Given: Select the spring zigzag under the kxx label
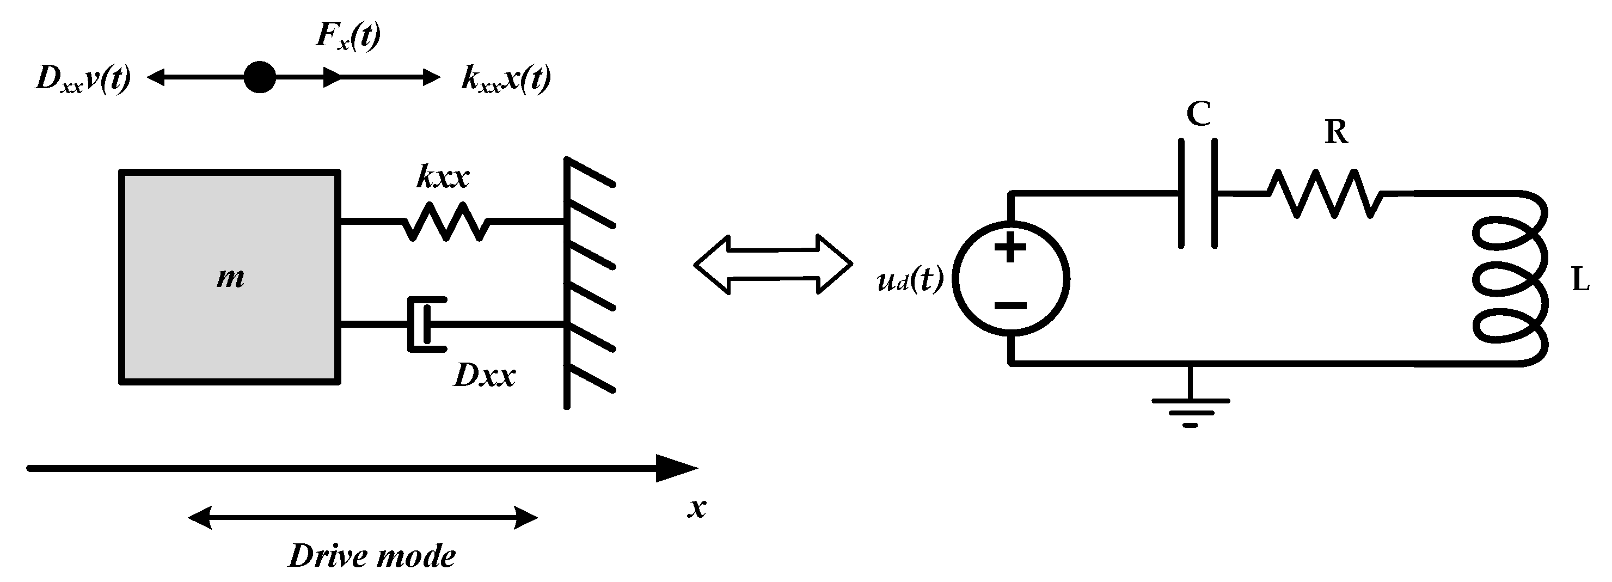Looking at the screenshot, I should pyautogui.click(x=444, y=221).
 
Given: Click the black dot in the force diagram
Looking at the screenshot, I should pyautogui.click(x=259, y=77).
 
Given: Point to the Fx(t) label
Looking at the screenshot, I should pyautogui.click(x=348, y=36).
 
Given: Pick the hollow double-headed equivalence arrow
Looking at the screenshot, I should pyautogui.click(x=773, y=264).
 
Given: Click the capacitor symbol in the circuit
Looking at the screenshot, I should pyautogui.click(x=1198, y=194).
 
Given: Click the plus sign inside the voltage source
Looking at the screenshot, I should pyautogui.click(x=1010, y=247).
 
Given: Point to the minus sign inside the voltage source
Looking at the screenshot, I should pyautogui.click(x=1010, y=305).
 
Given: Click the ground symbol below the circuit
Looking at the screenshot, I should pyautogui.click(x=1190, y=410).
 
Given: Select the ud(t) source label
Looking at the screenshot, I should pyautogui.click(x=910, y=280).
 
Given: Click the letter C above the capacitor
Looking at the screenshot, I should pyautogui.click(x=1198, y=114).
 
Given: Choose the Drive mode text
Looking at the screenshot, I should pyautogui.click(x=372, y=556).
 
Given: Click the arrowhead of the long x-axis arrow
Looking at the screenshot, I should pyautogui.click(x=676, y=468).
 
